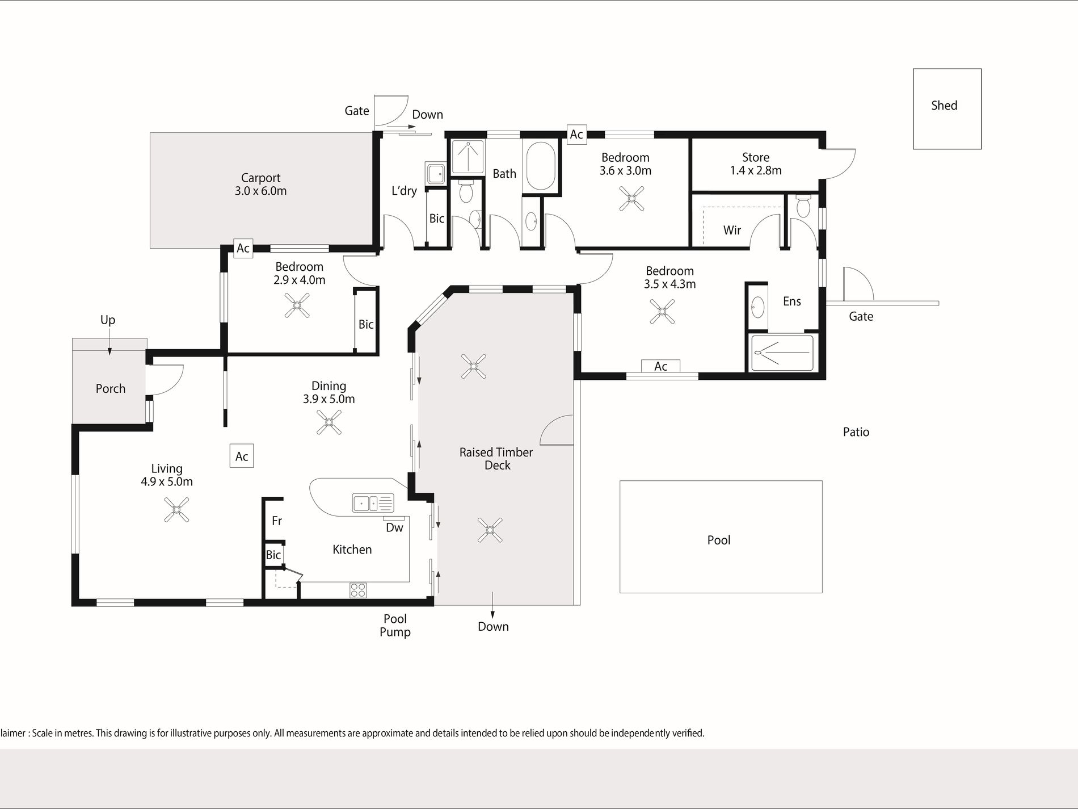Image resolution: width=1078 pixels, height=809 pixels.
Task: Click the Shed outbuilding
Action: [947, 109]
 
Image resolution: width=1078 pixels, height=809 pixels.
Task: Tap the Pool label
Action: [719, 540]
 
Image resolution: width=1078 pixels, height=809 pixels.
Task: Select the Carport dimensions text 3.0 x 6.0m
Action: [261, 191]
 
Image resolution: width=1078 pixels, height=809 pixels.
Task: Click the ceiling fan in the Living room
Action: [176, 509]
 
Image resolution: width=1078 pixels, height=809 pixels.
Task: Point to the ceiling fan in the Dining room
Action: [329, 422]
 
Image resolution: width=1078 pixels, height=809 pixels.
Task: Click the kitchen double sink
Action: [373, 503]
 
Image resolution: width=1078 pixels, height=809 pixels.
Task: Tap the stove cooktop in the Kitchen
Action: [358, 590]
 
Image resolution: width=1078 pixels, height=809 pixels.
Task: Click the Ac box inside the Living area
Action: [242, 456]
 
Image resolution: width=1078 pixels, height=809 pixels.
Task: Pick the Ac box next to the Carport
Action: [243, 248]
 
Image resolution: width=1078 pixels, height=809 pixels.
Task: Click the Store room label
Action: [756, 157]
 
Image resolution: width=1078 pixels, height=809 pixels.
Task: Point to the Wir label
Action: [732, 230]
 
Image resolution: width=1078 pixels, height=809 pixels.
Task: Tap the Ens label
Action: [792, 301]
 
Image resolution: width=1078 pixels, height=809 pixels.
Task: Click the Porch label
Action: [111, 388]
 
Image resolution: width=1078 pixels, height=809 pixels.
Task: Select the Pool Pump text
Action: [395, 625]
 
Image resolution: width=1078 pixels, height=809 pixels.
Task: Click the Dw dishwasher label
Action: [394, 527]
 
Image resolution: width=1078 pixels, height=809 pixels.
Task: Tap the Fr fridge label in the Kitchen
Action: [277, 521]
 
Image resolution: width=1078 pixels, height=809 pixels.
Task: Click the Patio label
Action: [856, 432]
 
